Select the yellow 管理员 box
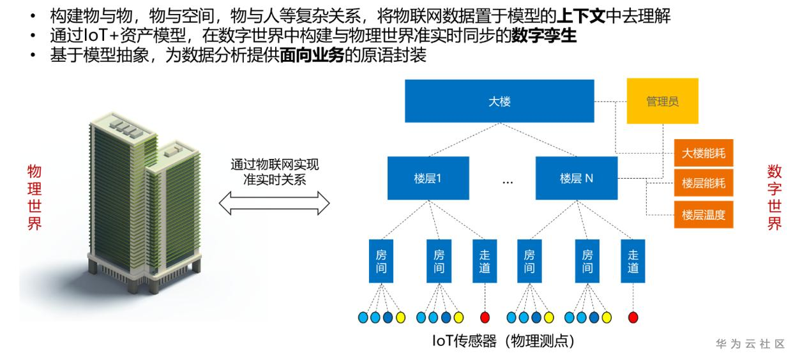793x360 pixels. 662,101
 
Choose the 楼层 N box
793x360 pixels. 577,179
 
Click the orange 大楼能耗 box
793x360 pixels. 704,153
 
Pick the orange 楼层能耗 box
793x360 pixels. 704,184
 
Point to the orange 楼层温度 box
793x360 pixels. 704,214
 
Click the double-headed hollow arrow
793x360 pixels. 274,204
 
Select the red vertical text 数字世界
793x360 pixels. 774,199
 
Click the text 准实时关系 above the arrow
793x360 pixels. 275,179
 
